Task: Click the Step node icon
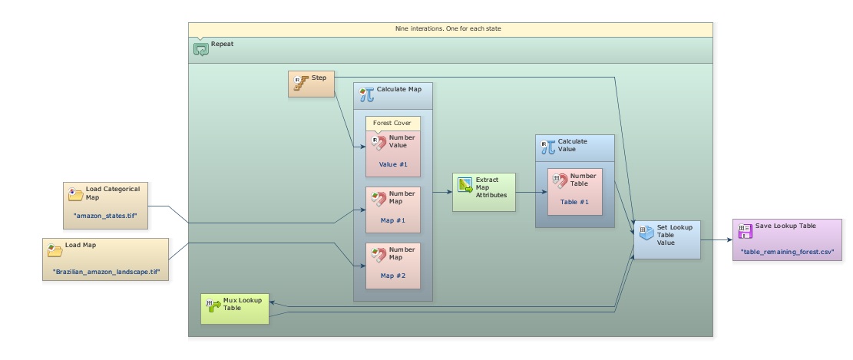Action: coord(300,81)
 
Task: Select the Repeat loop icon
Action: coord(201,49)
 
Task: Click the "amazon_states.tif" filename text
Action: coord(105,216)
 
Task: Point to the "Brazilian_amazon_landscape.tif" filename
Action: coord(106,272)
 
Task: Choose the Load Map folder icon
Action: coord(55,250)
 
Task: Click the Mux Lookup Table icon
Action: coord(213,305)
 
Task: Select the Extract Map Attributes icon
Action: coord(465,184)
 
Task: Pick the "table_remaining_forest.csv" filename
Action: coord(786,252)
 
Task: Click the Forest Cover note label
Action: coord(392,123)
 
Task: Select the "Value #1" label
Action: coord(394,164)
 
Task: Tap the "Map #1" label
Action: coord(393,220)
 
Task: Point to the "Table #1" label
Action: coord(574,202)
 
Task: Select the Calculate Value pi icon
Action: coord(547,146)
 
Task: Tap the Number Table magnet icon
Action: coord(560,180)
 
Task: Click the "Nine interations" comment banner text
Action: coord(450,28)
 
